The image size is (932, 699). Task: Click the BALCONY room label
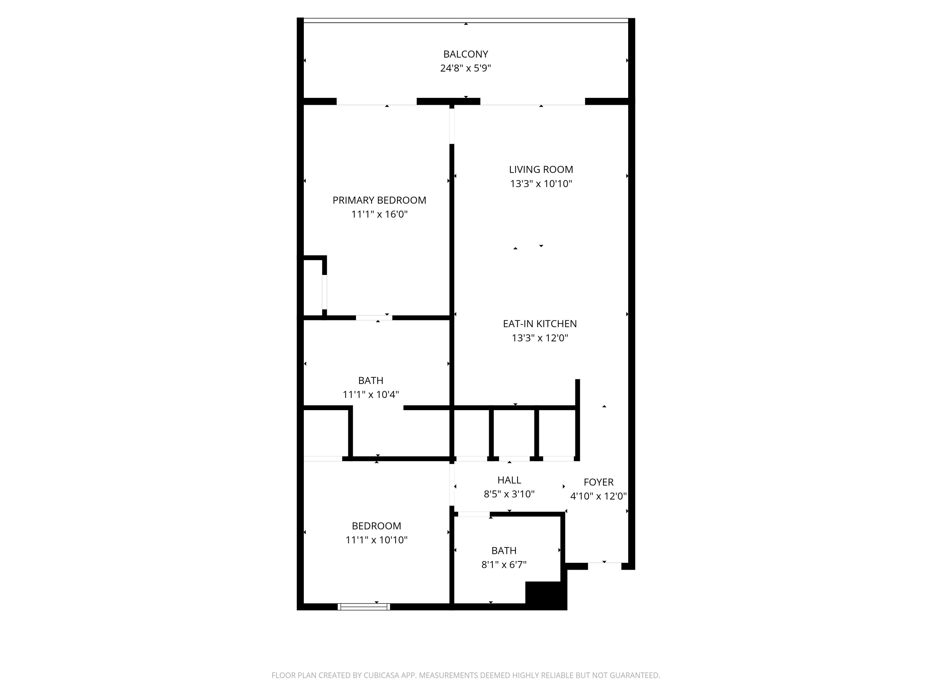tap(466, 54)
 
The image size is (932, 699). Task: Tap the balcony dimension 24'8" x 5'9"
tap(466, 68)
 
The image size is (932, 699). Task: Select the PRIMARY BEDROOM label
tap(379, 200)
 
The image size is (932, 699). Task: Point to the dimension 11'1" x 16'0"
tap(379, 214)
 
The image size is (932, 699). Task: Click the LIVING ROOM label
tap(541, 169)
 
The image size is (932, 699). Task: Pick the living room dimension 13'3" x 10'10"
tap(541, 184)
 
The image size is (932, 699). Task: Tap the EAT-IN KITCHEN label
tap(540, 324)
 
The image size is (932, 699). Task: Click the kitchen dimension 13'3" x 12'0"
tap(540, 338)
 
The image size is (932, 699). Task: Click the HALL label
tap(509, 480)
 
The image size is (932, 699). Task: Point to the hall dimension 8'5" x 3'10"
tap(509, 494)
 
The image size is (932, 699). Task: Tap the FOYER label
tap(598, 482)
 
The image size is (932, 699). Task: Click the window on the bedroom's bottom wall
tap(363, 607)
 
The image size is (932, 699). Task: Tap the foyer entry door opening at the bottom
tap(605, 565)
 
